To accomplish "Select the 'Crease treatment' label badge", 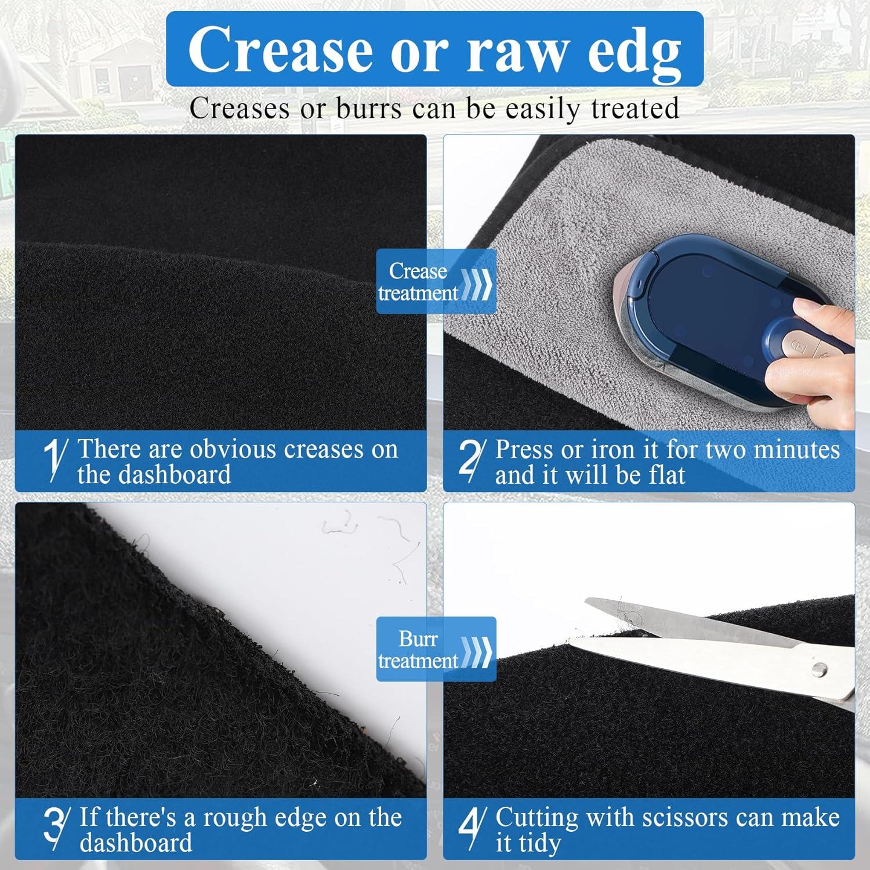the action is [x=436, y=281].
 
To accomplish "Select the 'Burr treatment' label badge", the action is [x=436, y=649].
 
